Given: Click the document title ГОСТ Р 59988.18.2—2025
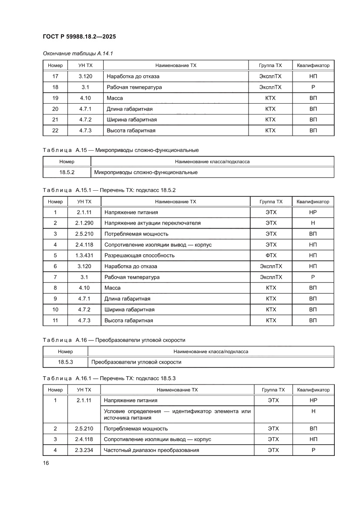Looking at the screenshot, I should point(79,37).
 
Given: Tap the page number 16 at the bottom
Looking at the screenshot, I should point(46,463).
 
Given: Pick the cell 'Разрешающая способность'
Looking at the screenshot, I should point(139,256).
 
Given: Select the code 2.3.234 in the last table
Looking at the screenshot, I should point(84,450).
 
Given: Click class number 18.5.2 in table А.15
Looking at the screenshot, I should point(67,172).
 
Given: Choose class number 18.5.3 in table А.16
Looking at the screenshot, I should point(65,362).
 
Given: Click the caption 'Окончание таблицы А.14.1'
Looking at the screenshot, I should point(78,54).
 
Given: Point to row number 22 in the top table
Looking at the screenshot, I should point(55,130).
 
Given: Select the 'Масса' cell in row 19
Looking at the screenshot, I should point(114,98).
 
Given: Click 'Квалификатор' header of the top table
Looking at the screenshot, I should point(313,65).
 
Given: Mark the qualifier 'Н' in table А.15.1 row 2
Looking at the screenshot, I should point(313,223).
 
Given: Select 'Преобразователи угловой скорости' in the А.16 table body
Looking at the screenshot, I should point(136,362).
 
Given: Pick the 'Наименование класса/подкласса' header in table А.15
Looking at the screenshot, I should point(212,162).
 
